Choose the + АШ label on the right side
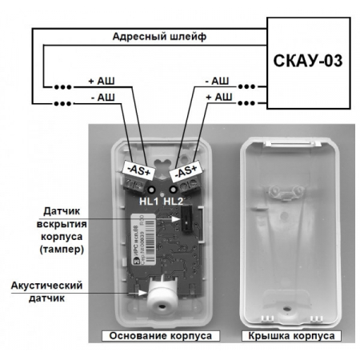click(x=218, y=98)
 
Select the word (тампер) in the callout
click(x=76, y=251)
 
